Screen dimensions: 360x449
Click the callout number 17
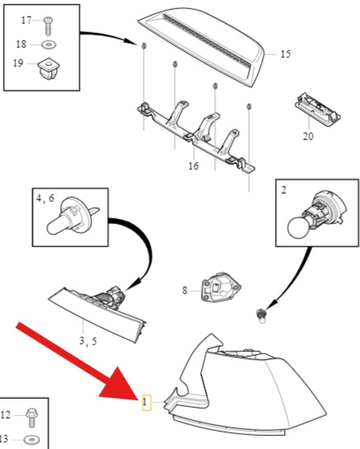[26, 20]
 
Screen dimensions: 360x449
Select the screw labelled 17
[48, 26]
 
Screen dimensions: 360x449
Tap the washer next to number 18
[49, 44]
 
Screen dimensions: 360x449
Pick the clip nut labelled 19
[48, 68]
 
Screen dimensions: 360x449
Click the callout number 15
[285, 54]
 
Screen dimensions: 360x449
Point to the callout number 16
[194, 166]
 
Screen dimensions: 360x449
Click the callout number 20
[308, 136]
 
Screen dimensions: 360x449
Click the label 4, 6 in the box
[45, 199]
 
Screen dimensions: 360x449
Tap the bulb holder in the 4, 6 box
[72, 215]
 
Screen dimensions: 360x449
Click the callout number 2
[283, 190]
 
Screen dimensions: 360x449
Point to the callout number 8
[185, 290]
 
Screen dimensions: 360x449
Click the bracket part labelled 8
[221, 287]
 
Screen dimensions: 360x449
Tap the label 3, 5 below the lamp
[88, 341]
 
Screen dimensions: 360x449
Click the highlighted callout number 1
[145, 402]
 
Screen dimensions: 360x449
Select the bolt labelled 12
[31, 418]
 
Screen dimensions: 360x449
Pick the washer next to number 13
[32, 440]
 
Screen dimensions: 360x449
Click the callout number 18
[21, 44]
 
